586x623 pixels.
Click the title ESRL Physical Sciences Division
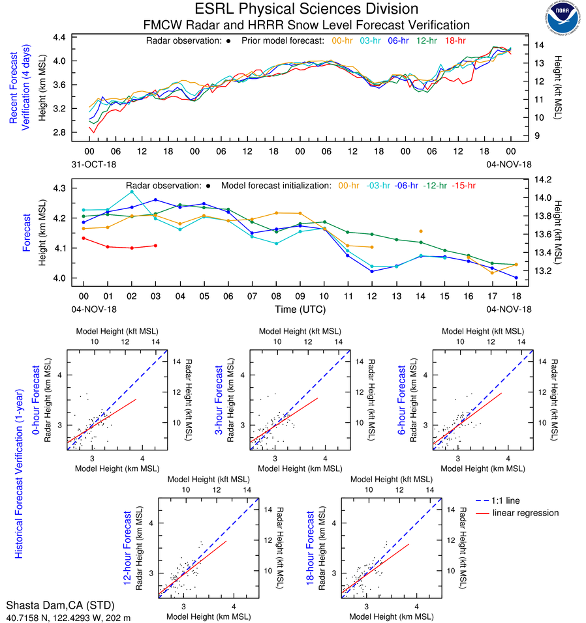(x=306, y=9)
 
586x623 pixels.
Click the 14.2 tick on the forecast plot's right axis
(x=544, y=179)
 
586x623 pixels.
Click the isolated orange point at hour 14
(x=421, y=231)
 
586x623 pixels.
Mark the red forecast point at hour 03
(x=155, y=246)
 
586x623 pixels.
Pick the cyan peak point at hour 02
(x=132, y=192)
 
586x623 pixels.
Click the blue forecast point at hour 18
(x=516, y=278)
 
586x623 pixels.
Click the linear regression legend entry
(x=526, y=513)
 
